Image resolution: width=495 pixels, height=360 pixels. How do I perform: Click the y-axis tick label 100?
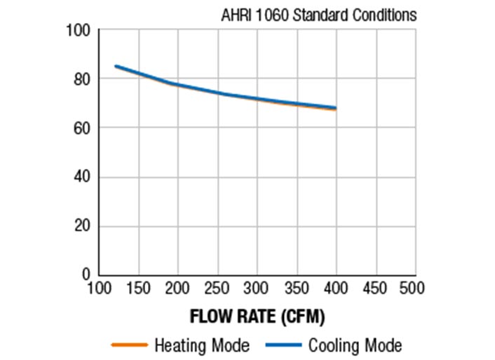coord(79,30)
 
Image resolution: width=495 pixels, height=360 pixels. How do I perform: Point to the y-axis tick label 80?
coord(82,79)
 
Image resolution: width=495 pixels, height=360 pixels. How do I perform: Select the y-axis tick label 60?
coord(82,128)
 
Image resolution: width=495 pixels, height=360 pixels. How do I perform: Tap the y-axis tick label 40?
coord(82,178)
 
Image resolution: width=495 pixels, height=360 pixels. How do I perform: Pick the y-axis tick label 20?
coord(82,227)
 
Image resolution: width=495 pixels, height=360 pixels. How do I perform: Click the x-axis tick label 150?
coord(138,288)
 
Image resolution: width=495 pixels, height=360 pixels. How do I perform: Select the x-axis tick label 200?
coord(177,288)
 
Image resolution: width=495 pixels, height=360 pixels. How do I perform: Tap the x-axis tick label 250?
coord(217,288)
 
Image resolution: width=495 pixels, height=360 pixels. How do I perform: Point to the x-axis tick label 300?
coord(257,288)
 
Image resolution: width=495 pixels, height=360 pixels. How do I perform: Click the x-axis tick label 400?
coord(336,288)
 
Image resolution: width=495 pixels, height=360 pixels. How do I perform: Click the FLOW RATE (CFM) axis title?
coord(257,316)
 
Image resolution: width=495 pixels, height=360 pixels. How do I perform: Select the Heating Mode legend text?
coord(201,345)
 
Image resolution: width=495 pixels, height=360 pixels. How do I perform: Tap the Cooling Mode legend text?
coord(355,345)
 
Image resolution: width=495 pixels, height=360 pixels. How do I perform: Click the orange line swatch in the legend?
coord(129,345)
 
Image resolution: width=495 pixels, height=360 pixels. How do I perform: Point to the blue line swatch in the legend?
coord(284,345)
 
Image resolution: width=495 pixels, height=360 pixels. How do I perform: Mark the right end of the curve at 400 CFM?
coord(336,108)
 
